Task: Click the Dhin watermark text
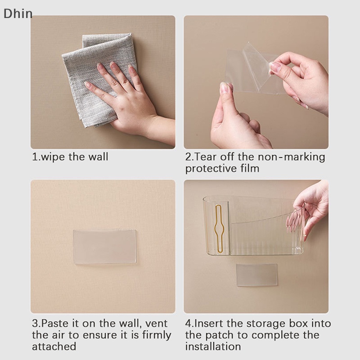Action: [18, 13]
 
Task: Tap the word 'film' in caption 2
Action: [250, 168]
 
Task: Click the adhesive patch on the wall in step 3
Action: [105, 247]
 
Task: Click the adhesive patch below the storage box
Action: [256, 275]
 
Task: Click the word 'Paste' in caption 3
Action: [55, 323]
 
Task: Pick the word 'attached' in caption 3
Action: [54, 346]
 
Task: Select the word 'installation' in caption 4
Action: [213, 346]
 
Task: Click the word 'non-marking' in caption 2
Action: [291, 157]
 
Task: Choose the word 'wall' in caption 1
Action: [98, 157]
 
